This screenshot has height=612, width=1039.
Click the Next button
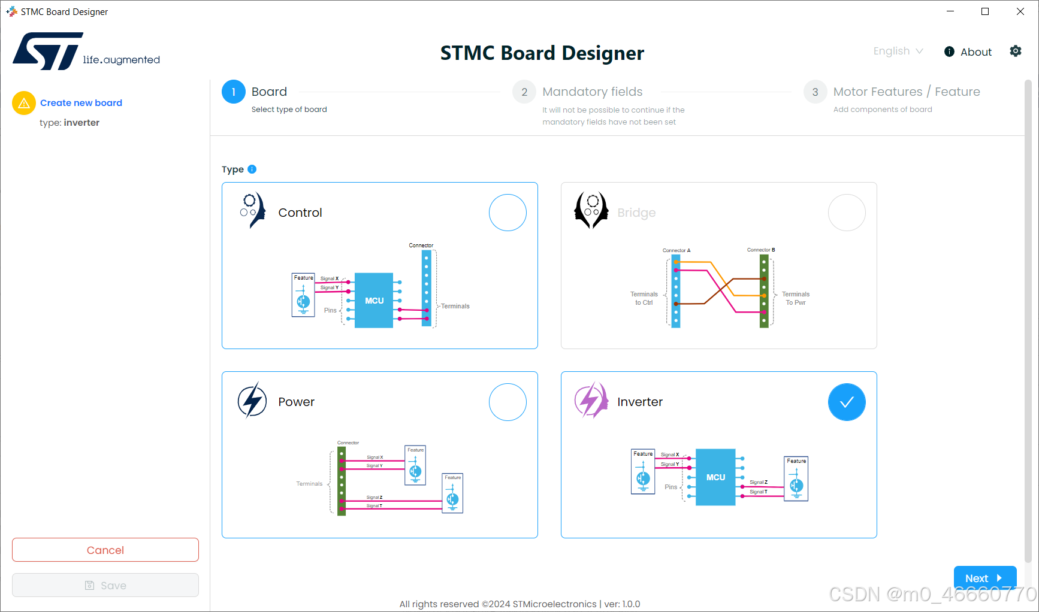click(984, 578)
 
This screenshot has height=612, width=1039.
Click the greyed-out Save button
click(105, 585)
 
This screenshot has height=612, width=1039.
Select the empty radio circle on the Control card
click(508, 213)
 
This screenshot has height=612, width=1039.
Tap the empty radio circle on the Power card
click(508, 402)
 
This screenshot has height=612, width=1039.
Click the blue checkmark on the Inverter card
click(847, 402)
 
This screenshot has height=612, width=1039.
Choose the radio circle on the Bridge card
click(847, 213)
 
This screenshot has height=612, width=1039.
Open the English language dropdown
click(898, 51)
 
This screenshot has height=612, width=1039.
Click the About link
click(968, 52)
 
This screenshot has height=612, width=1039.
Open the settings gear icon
click(1016, 51)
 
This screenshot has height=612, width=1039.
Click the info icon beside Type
click(252, 169)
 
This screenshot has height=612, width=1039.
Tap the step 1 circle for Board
click(234, 92)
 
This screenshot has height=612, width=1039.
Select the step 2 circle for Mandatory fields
click(524, 92)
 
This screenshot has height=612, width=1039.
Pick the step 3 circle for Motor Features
click(815, 92)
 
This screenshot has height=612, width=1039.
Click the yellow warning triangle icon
click(24, 103)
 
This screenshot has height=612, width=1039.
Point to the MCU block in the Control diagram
click(374, 301)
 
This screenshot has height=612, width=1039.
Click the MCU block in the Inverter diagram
click(715, 477)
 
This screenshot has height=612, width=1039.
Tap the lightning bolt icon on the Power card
click(252, 401)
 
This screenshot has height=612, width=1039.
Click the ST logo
click(48, 51)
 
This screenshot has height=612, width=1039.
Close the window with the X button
click(1020, 11)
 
